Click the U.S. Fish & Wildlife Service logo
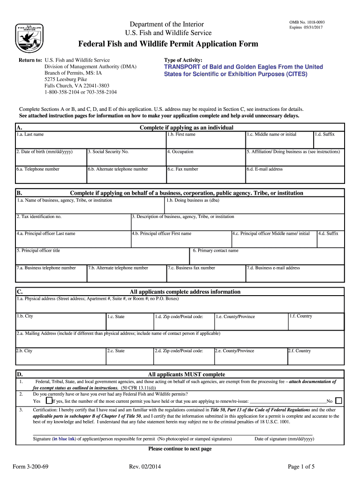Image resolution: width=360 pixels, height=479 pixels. [x=30, y=36]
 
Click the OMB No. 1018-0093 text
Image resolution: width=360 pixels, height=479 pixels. [x=306, y=22]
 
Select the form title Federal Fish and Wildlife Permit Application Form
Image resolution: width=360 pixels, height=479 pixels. [x=168, y=44]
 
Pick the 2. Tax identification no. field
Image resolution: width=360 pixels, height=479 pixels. [x=73, y=222]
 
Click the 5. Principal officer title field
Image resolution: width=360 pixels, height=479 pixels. [x=102, y=256]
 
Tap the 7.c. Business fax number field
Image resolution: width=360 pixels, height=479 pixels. [x=206, y=274]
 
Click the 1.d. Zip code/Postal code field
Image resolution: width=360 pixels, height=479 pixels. [x=184, y=322]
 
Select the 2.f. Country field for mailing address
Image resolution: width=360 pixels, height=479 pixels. [x=315, y=356]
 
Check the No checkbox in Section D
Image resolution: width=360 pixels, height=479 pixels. [x=339, y=401]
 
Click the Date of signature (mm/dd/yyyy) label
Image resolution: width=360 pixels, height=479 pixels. [x=284, y=439]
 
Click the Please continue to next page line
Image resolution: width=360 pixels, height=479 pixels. [x=180, y=449]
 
